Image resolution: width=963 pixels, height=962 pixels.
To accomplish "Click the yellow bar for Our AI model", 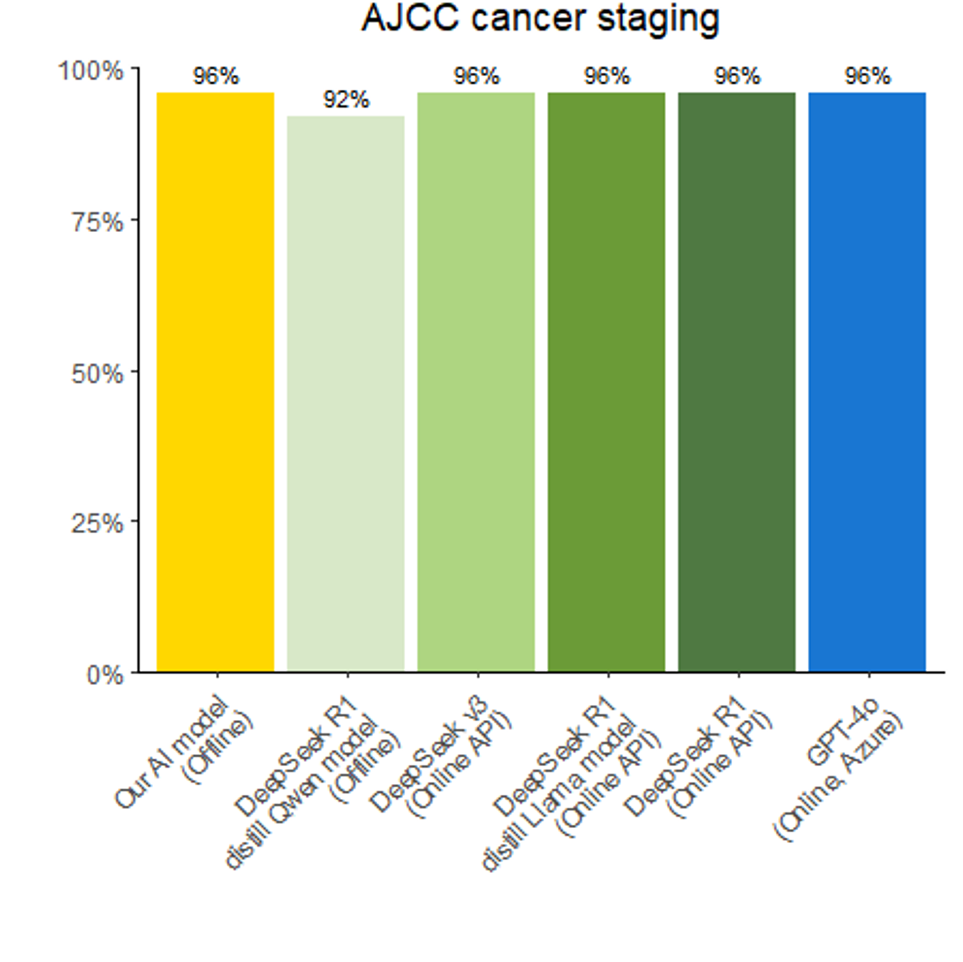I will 215,381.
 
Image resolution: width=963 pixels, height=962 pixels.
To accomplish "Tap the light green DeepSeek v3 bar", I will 476,381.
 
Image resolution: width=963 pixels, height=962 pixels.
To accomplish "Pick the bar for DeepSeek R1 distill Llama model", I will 607,381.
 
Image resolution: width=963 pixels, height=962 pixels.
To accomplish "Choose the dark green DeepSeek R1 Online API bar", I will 737,381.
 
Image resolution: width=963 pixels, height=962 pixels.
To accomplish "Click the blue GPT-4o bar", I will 867,381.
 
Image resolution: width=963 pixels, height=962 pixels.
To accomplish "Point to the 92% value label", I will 346,100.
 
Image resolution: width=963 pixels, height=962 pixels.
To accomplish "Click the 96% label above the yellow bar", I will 216,76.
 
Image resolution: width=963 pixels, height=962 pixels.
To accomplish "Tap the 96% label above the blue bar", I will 867,76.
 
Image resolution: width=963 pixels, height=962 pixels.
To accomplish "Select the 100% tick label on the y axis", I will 92,70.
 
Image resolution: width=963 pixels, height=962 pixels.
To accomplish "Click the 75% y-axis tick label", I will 98,221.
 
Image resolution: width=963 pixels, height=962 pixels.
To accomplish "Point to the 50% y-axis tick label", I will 98,373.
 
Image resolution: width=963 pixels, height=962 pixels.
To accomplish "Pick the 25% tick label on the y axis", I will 98,523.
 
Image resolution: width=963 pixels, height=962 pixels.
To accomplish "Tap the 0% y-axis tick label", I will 105,674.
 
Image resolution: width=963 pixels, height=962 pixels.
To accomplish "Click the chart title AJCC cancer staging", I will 540,19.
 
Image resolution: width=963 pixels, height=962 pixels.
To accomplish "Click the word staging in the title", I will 658,20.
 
